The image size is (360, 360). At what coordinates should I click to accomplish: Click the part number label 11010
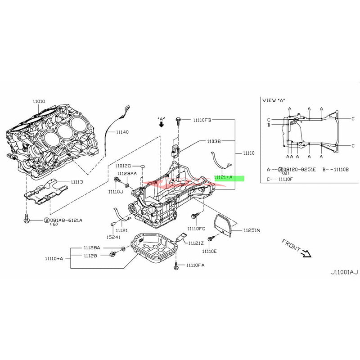(x=39, y=102)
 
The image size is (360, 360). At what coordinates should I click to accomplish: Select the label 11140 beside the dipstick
(x=122, y=132)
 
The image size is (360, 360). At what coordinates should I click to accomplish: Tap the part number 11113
(x=77, y=183)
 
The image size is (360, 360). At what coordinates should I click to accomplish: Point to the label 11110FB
(x=202, y=120)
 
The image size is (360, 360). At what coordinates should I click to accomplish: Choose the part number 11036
(x=214, y=141)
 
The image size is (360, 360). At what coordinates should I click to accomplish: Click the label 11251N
(x=252, y=230)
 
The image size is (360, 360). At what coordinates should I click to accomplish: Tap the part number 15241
(x=113, y=237)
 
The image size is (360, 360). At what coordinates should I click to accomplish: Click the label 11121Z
(x=197, y=243)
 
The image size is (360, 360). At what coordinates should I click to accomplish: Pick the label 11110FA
(x=195, y=265)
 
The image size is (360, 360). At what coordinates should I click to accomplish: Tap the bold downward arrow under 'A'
(x=161, y=125)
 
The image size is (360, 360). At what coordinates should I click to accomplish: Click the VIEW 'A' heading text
(x=274, y=100)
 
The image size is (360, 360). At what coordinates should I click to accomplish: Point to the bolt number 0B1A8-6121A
(x=66, y=220)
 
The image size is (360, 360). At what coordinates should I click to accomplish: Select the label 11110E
(x=209, y=251)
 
